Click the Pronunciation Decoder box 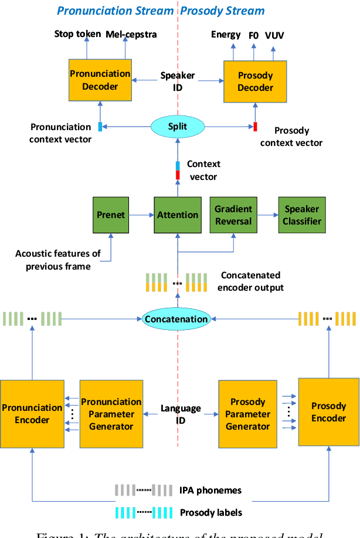100,80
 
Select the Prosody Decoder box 255,81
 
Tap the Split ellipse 177,126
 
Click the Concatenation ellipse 176,319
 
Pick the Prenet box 111,215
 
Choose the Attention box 178,215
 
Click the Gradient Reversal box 233,215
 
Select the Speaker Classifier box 303,215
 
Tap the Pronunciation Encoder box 32,414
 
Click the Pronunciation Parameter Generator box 111,414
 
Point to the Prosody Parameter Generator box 248,414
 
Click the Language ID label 181,414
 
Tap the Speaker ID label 178,81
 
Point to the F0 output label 253,35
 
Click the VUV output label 274,35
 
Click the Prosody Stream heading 222,11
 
